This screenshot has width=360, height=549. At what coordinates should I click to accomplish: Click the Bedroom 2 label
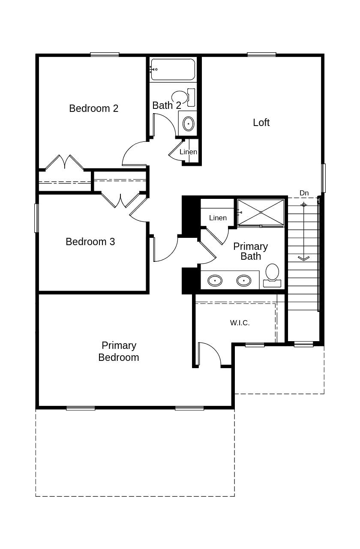point(93,108)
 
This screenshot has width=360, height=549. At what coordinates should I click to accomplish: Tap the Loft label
point(261,123)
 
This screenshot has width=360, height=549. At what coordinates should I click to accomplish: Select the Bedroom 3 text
point(90,242)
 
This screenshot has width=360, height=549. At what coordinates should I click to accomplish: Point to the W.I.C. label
point(240,323)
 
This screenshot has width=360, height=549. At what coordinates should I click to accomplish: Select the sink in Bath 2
point(188,124)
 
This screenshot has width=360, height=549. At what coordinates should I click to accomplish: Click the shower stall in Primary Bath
point(261,212)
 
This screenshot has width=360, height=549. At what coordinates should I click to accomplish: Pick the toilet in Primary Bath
point(272,274)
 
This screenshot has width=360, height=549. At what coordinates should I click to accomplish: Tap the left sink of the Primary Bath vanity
point(215,281)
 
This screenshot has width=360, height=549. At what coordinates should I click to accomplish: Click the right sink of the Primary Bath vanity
point(244,281)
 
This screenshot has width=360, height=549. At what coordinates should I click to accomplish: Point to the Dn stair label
point(304,193)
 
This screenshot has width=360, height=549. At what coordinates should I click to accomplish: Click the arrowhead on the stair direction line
point(303,258)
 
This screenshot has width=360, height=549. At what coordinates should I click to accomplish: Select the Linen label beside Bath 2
point(188,152)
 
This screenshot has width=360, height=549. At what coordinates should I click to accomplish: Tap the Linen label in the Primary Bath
point(218,218)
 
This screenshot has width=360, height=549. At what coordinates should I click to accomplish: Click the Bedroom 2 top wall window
point(105,54)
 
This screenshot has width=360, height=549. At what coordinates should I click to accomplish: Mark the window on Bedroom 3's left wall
point(36,218)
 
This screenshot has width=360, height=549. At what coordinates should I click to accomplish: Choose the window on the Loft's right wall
point(323,178)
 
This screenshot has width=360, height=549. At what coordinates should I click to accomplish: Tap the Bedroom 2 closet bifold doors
point(64,162)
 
